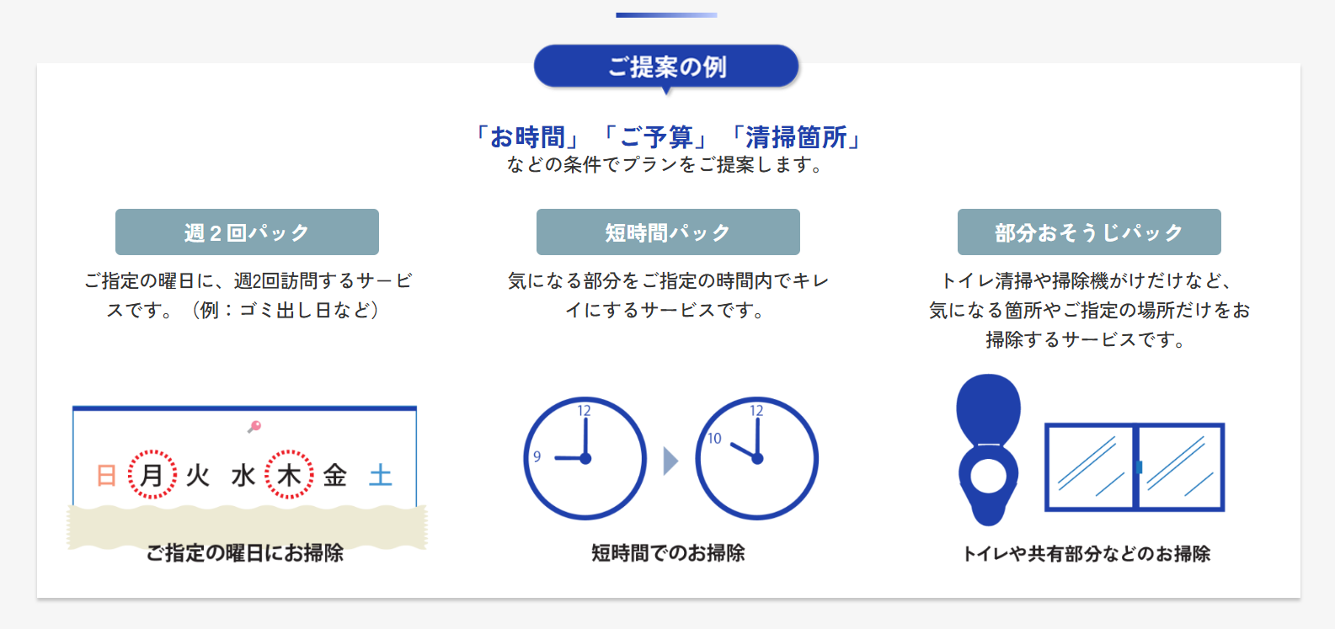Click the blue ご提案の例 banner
[x=666, y=67]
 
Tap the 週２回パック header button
[x=247, y=232]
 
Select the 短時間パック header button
[x=668, y=232]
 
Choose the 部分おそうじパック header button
[x=1089, y=232]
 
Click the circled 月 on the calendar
[x=152, y=474]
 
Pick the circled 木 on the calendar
[x=289, y=474]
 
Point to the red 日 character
[x=106, y=475]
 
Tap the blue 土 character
[x=380, y=475]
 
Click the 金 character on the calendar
[x=335, y=475]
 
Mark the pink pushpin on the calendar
[x=254, y=426]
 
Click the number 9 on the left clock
[x=537, y=456]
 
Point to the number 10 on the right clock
[x=714, y=439]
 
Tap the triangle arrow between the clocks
[x=670, y=461]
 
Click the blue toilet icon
[x=988, y=450]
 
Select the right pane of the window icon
[x=1181, y=467]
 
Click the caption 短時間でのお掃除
[x=668, y=552]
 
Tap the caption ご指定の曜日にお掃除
[x=245, y=552]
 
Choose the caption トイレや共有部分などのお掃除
[x=1087, y=553]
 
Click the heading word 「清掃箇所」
[x=796, y=137]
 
